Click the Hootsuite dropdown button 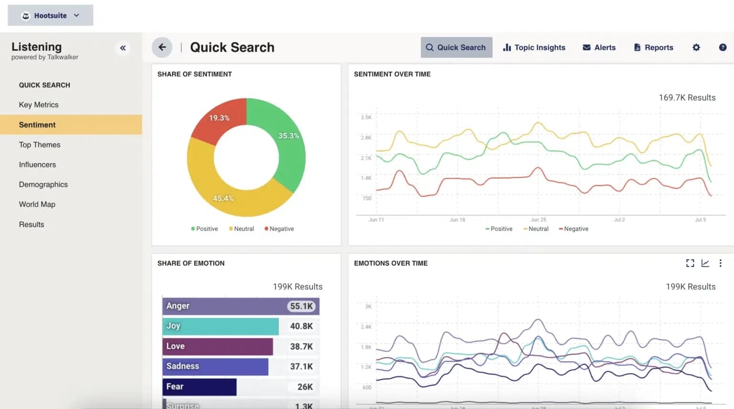50,15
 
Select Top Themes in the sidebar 40,144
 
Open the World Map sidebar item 37,204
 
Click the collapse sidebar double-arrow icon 123,48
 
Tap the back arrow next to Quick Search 162,47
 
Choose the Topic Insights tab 534,47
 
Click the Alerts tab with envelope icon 599,47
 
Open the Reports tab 653,47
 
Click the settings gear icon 696,47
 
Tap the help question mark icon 723,47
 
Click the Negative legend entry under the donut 279,229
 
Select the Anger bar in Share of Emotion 225,306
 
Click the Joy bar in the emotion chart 220,326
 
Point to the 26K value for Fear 305,387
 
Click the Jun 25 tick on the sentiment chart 538,220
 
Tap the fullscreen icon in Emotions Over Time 690,263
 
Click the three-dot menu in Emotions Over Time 720,263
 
